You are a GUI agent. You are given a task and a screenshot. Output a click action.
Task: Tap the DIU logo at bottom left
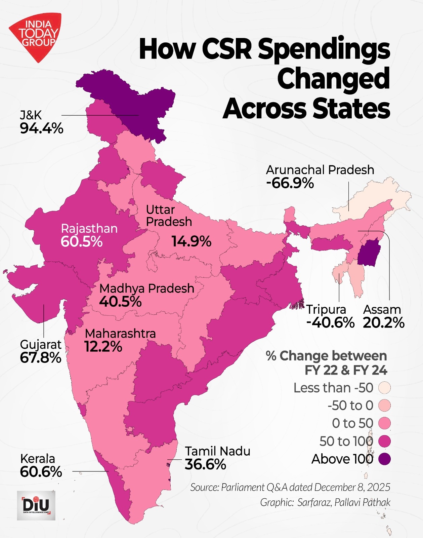(36, 505)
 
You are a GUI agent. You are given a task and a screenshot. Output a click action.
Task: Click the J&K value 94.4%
(41, 128)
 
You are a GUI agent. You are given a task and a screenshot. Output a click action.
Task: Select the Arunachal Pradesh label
(320, 170)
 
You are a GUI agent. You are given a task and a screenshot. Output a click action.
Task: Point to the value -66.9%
(290, 183)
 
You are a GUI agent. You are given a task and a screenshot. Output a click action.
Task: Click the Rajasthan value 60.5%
(82, 242)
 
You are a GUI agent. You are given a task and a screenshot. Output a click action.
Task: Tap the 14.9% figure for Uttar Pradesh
(191, 241)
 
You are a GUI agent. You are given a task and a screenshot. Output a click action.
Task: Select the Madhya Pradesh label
(147, 288)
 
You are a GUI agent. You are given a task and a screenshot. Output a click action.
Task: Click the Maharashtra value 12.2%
(103, 347)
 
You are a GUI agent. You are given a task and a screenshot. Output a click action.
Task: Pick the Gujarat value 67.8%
(41, 358)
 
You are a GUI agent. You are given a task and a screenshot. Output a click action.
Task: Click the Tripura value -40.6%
(330, 323)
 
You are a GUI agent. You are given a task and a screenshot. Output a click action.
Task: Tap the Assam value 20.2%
(383, 323)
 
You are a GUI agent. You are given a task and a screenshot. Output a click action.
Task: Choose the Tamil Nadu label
(217, 451)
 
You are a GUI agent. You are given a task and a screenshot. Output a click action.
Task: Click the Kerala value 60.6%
(41, 472)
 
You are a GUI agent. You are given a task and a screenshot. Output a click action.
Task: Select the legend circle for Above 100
(384, 459)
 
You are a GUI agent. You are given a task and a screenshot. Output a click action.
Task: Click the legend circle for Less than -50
(384, 388)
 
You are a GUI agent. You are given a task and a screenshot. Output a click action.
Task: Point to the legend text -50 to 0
(350, 406)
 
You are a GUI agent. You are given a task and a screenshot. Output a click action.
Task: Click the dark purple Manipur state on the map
(368, 253)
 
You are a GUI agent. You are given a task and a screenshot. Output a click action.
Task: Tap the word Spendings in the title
(324, 49)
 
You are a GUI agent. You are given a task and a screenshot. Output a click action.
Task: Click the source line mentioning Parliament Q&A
(290, 487)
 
